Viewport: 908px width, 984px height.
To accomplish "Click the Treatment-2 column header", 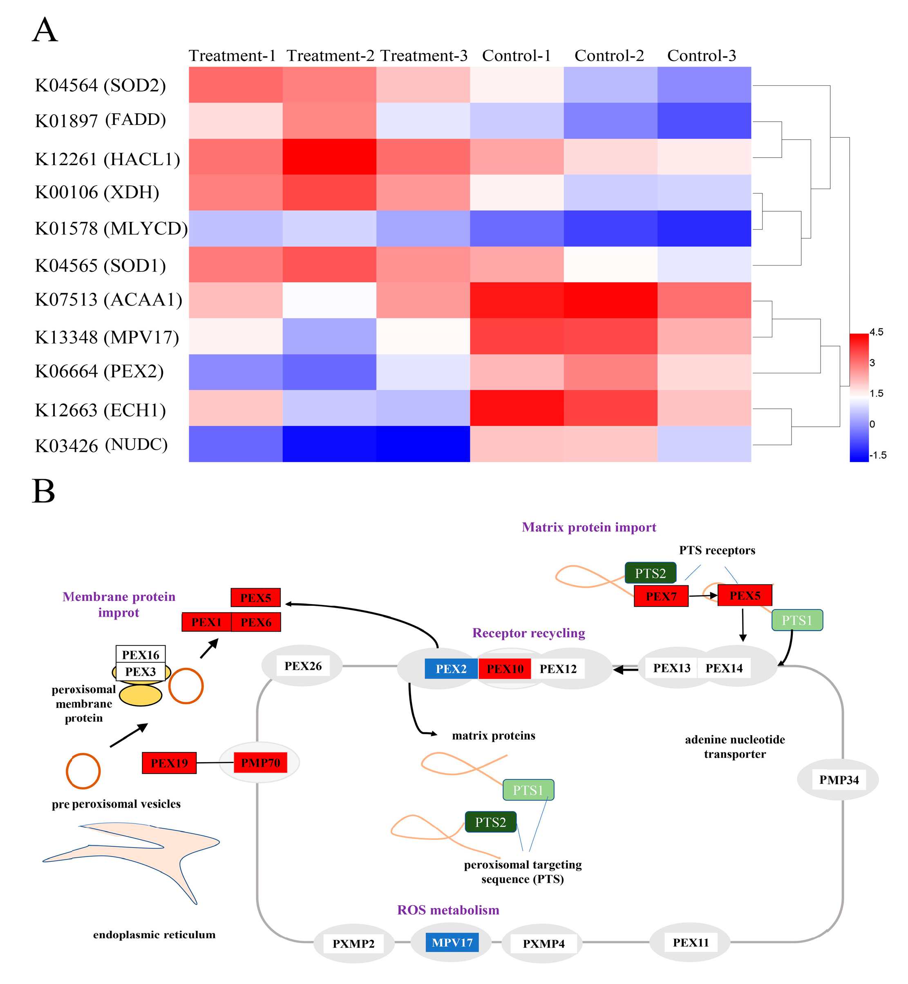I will [x=330, y=56].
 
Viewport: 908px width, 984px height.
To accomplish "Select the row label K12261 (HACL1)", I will [x=107, y=159].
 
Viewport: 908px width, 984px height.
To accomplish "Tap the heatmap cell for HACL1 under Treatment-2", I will [x=329, y=156].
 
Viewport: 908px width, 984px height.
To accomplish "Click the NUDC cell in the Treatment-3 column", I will [x=423, y=444].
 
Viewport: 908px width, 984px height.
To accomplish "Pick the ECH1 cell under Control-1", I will [x=517, y=408].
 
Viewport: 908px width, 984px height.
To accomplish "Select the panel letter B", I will [x=43, y=491].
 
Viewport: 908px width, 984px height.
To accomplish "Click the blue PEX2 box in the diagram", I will [x=451, y=669].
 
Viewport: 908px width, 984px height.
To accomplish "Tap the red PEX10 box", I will [x=505, y=669].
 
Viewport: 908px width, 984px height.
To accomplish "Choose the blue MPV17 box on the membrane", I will [x=452, y=942].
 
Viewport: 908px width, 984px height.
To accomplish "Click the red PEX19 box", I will [x=169, y=763].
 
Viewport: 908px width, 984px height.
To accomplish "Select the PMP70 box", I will [x=260, y=763].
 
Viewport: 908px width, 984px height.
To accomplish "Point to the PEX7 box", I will [x=661, y=596].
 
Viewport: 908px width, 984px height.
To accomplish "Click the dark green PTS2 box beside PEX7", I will [x=650, y=573].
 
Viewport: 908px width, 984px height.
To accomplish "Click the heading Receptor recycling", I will [x=529, y=633].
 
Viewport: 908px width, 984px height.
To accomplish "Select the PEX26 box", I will [x=303, y=666].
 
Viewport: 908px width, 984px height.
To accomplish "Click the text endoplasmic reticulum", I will [x=154, y=935].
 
